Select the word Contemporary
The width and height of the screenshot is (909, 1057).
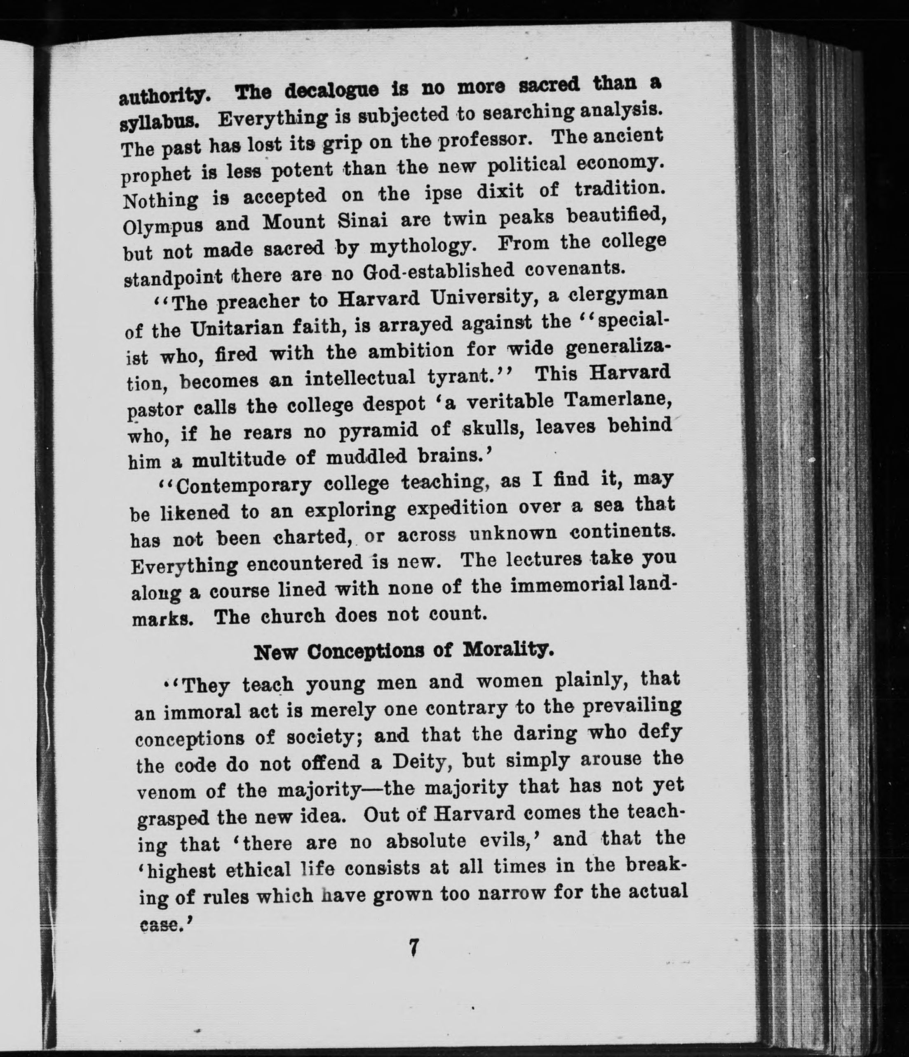[243, 486]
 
